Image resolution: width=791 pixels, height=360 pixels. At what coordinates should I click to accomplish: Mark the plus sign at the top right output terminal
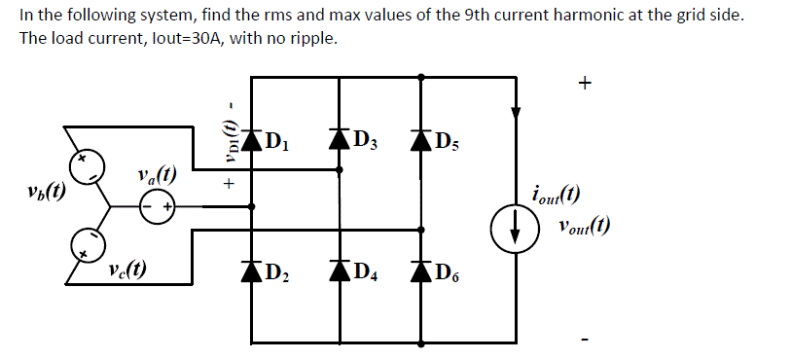tap(584, 84)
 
